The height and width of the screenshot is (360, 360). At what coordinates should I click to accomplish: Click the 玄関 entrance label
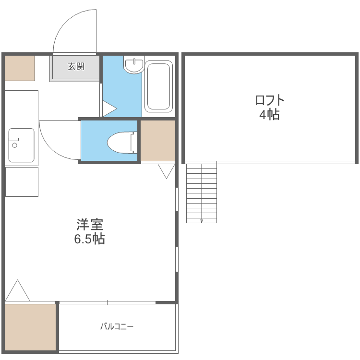pos(76,66)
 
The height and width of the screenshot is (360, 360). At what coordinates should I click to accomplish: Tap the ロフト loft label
pos(270,100)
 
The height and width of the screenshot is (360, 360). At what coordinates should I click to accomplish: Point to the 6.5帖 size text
pos(90,239)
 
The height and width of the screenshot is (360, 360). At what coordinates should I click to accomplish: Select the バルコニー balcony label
pos(117,326)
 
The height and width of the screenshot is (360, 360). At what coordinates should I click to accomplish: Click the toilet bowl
pos(122,143)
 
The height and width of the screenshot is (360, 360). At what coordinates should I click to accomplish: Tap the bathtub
pos(159,86)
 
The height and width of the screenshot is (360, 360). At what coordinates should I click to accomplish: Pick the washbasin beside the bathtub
pos(134,65)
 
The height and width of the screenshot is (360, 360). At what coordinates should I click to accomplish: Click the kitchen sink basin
pos(21,145)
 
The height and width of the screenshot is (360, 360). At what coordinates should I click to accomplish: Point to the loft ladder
pos(201,193)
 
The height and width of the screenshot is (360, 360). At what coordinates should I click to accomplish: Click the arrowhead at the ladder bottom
pos(202,221)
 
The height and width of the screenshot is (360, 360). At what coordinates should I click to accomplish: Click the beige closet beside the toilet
pos(158,141)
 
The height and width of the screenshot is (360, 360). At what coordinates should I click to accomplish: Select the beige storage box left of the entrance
pos(20,68)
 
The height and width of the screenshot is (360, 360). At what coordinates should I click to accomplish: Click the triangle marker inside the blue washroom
pos(109,108)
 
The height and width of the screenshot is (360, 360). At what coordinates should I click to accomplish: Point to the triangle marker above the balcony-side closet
pos(17,290)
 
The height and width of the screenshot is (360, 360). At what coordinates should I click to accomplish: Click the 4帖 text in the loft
pos(270,114)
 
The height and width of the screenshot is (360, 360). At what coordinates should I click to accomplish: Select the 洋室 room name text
pos(90,225)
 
